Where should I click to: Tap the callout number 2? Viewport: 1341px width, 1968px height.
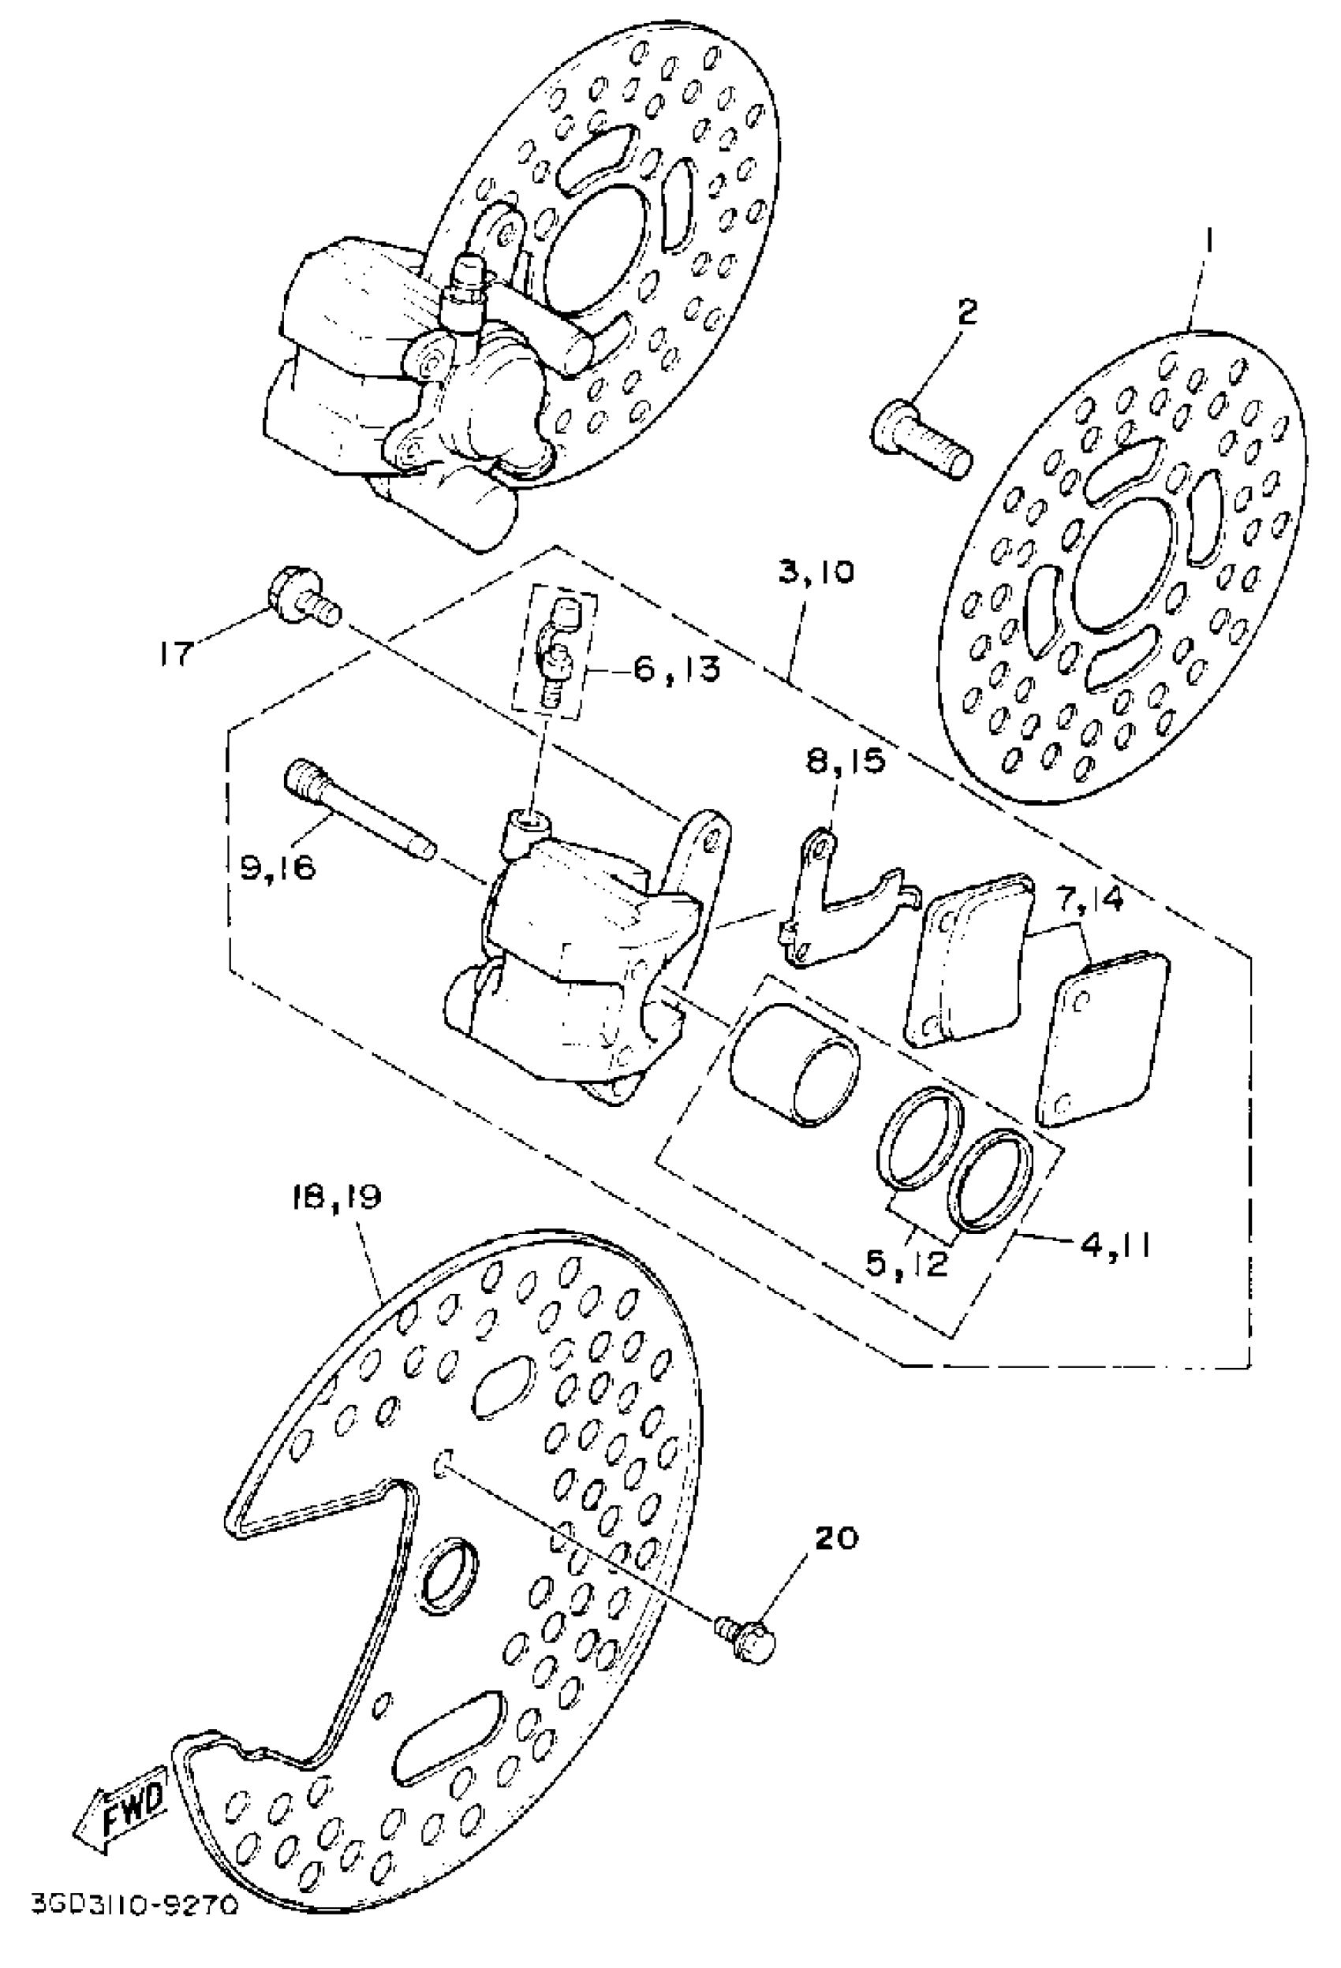click(x=966, y=314)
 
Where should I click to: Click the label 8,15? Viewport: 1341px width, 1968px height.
click(x=845, y=760)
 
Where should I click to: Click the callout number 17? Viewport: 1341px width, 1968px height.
click(x=179, y=654)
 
